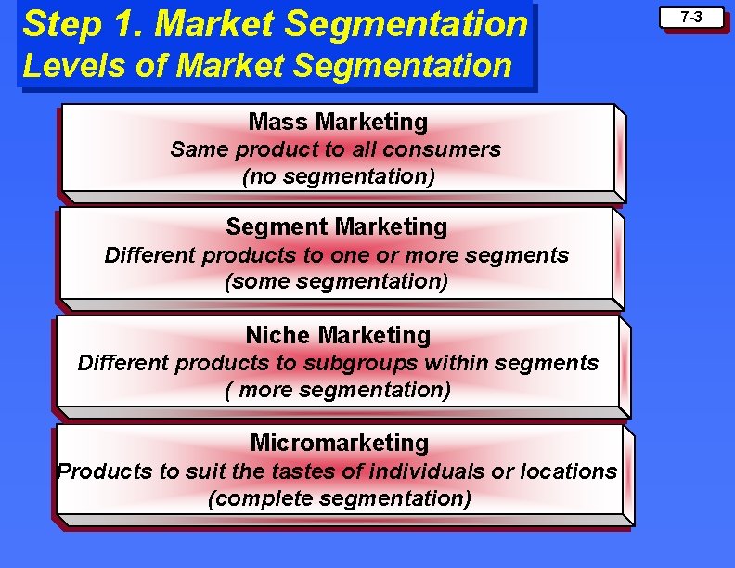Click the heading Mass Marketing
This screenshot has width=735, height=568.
(338, 122)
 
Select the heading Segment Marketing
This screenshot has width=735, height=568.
(336, 226)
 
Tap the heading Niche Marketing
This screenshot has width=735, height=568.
(338, 335)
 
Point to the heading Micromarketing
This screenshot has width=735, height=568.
(340, 443)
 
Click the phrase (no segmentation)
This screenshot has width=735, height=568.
(338, 176)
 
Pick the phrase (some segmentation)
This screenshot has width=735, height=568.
(336, 281)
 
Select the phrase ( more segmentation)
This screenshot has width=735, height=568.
(338, 390)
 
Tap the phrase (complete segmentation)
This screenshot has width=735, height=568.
(340, 498)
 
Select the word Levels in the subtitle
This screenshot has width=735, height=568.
(59, 66)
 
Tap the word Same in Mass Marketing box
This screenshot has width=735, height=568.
(200, 149)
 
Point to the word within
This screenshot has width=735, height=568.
(458, 363)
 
